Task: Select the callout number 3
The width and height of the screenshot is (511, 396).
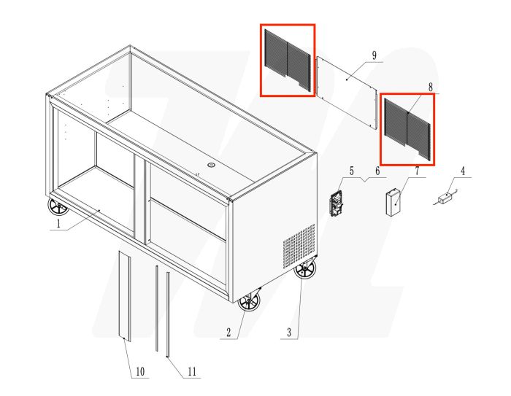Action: click(x=289, y=333)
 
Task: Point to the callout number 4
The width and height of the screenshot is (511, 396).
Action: click(x=462, y=172)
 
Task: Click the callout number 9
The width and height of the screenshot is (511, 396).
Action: click(x=373, y=56)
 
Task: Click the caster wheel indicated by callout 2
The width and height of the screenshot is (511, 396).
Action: click(x=249, y=301)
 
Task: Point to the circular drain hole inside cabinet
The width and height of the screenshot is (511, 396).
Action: click(x=212, y=165)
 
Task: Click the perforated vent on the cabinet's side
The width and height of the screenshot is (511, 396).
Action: click(x=299, y=244)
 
